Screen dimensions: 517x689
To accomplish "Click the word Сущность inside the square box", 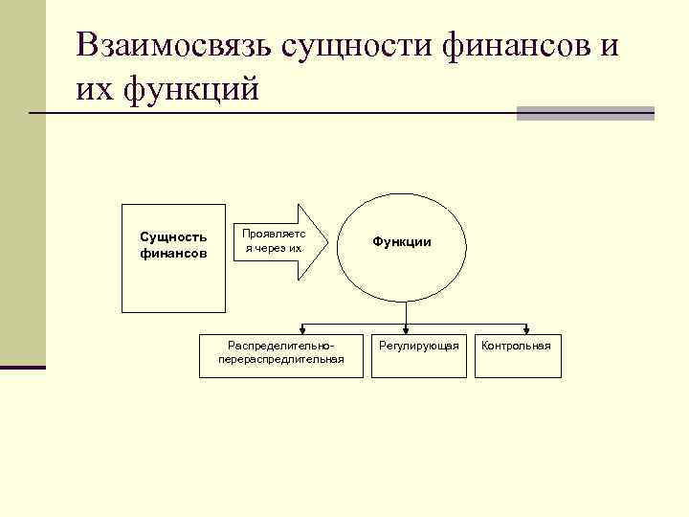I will point(173,236).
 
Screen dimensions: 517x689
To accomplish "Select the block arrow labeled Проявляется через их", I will point(279,241).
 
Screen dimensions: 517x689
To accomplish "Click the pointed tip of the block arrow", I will point(326,241).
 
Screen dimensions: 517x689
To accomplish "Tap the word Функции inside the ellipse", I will point(402,242).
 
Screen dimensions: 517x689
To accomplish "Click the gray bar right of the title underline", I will point(585,114).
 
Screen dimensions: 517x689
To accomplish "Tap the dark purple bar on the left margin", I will point(22,367).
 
